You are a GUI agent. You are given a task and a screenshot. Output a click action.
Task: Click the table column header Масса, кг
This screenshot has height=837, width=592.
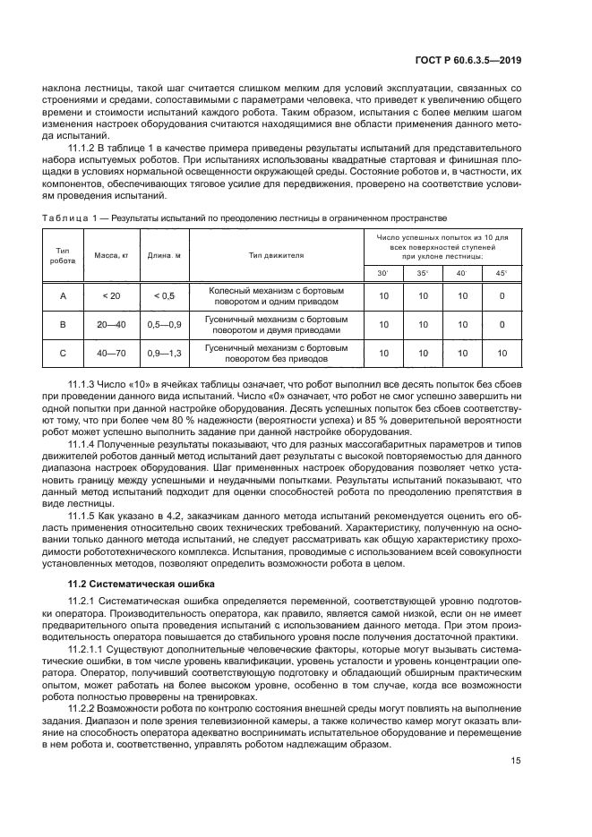coord(113,255)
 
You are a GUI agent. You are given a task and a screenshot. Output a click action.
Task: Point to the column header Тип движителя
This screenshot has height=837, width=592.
coord(276,255)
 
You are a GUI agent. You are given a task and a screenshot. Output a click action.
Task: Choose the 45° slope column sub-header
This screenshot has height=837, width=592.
coord(502,273)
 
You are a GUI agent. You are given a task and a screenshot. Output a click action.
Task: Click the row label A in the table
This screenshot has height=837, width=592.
coord(63,295)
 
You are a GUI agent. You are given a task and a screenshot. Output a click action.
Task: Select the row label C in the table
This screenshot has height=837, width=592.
coord(63,354)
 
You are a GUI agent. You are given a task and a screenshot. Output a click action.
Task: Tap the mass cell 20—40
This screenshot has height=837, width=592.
coord(113,325)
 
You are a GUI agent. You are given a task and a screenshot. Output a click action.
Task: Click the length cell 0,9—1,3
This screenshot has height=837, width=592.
coord(164,354)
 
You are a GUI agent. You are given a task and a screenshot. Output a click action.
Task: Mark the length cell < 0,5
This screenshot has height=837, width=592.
coord(164,295)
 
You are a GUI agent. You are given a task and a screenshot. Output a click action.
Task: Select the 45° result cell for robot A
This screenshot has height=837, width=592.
coord(502,295)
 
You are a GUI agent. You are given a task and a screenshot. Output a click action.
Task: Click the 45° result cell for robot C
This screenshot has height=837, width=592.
coord(502,354)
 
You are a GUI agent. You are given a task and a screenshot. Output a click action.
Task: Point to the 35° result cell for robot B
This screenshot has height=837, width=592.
coord(424,325)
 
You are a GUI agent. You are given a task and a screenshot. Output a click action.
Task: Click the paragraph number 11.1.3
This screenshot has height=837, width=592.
coord(84,385)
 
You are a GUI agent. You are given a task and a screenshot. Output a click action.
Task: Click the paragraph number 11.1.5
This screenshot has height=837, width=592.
coord(84,516)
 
